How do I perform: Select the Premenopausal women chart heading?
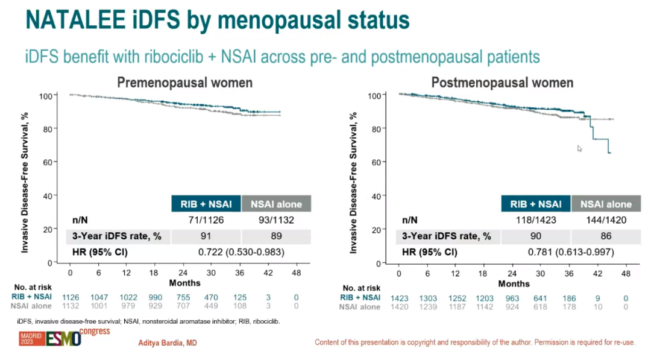point(184,82)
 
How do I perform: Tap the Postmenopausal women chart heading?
point(502,82)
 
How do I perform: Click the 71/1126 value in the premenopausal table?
point(206,220)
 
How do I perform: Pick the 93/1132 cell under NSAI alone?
point(275,220)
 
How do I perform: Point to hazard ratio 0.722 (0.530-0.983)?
point(242,251)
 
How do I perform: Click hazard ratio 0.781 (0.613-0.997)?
point(570,251)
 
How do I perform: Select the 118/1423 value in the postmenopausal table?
point(535,221)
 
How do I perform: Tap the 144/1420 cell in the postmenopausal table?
point(606,221)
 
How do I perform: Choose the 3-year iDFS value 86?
point(606,236)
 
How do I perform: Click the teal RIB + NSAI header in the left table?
point(206,204)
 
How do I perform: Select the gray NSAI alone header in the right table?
point(606,204)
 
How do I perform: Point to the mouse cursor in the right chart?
point(579,148)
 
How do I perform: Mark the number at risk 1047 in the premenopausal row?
point(99,297)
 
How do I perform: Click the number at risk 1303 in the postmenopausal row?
point(427,297)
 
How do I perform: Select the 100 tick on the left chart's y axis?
point(46,95)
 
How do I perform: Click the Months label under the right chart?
point(514,283)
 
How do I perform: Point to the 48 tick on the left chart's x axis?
point(296,273)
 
